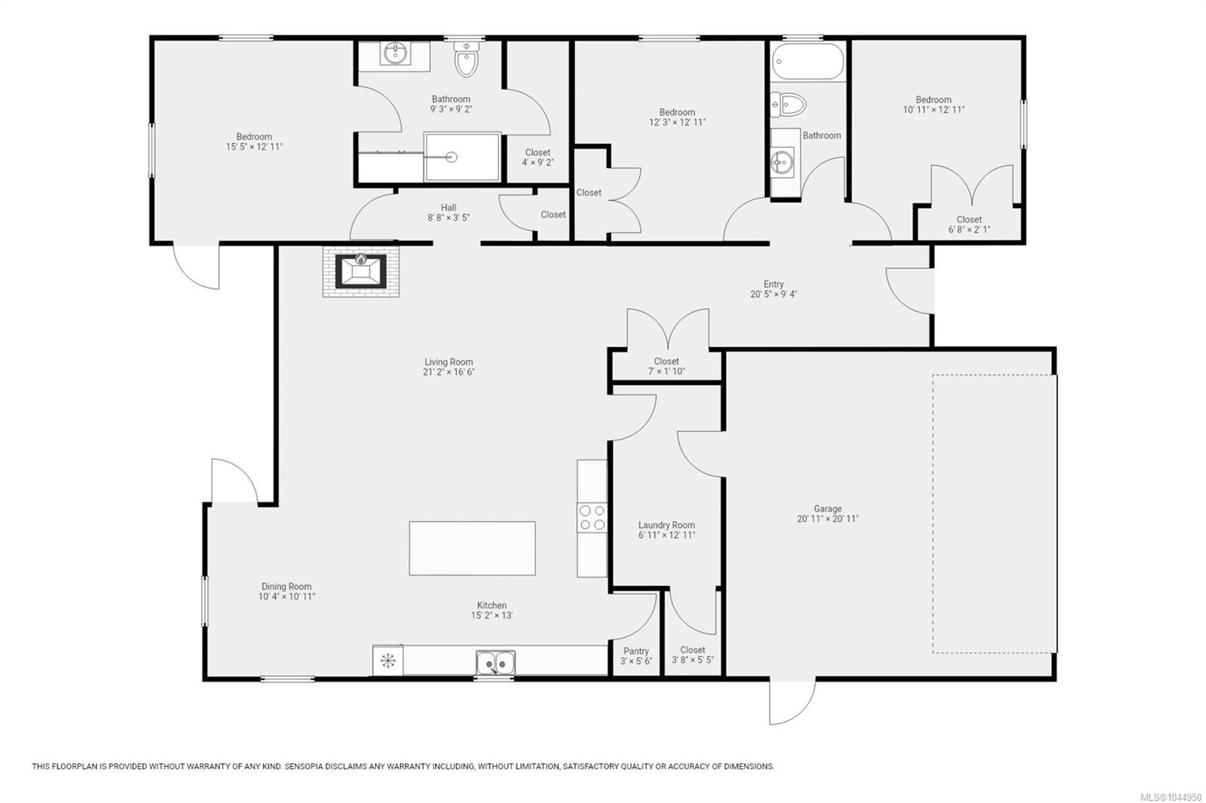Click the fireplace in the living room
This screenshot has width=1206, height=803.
point(361,271)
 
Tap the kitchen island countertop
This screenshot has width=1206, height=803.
point(472,548)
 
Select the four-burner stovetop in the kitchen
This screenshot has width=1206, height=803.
point(592,518)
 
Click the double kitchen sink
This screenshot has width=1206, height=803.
point(495,663)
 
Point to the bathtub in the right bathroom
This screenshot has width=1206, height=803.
point(807,62)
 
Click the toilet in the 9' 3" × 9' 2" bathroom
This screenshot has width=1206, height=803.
point(467,60)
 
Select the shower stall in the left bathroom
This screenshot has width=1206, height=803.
point(463,157)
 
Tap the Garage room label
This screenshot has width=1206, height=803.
point(828,508)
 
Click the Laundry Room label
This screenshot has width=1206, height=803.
point(666,525)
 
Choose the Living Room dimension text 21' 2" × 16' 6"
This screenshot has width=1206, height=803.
point(448,372)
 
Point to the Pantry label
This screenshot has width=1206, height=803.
point(636,652)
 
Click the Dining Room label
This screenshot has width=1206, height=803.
point(286,587)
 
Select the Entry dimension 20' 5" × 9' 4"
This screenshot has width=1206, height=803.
point(773,294)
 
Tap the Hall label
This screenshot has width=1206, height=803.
point(448,208)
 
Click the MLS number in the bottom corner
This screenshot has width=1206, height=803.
point(1174,797)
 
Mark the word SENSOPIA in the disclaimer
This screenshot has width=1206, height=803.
point(306,766)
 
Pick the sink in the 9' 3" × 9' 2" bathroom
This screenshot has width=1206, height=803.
point(396,53)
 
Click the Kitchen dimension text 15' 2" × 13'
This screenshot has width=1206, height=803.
point(491,615)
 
